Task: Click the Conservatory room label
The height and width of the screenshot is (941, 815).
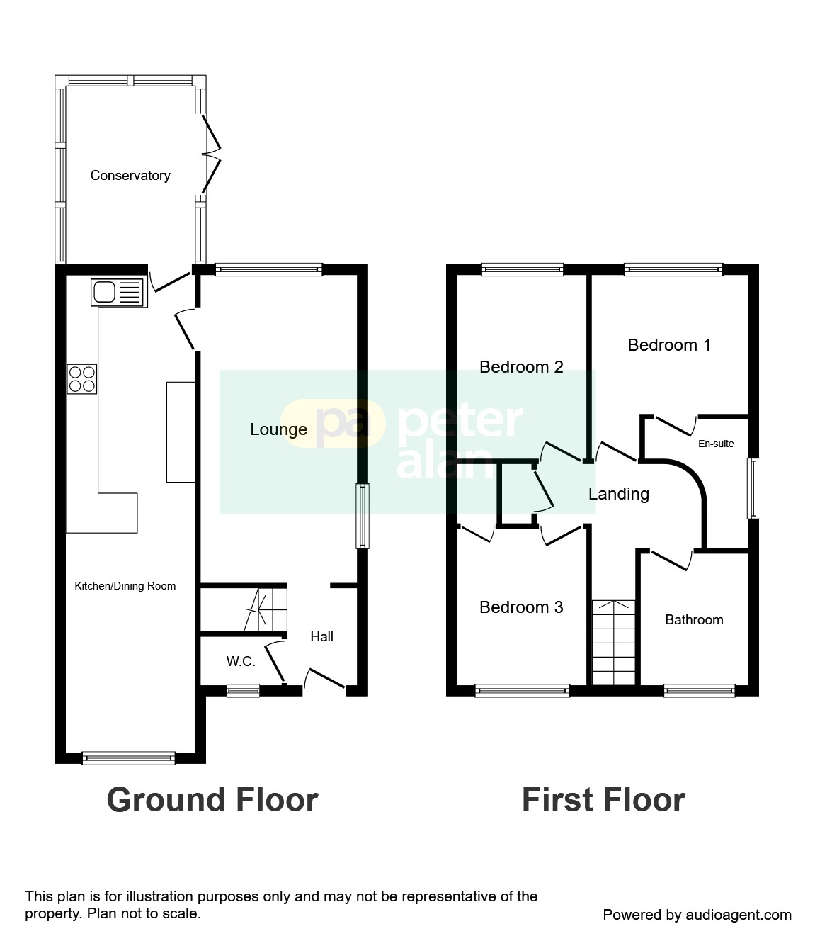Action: click(x=130, y=176)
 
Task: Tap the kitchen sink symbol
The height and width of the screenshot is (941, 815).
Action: click(x=118, y=292)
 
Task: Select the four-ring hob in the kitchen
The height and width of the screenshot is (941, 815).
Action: click(x=82, y=378)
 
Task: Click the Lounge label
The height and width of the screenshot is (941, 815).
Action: click(x=278, y=429)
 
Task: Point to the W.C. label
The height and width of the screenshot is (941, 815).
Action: click(x=241, y=662)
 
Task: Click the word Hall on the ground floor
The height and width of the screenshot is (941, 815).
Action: click(x=321, y=637)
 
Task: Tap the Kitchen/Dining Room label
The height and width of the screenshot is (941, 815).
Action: click(x=125, y=586)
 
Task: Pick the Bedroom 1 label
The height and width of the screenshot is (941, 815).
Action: click(x=669, y=345)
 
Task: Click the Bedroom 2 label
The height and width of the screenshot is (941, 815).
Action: click(x=521, y=367)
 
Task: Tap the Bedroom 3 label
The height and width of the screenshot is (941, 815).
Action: click(x=521, y=607)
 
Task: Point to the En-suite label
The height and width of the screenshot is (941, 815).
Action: click(x=716, y=444)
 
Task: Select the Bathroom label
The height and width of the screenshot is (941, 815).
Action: click(x=694, y=620)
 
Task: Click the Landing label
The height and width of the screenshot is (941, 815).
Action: click(x=619, y=494)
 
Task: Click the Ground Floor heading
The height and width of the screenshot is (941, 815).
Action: click(x=212, y=800)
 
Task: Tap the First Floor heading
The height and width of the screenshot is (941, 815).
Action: click(x=603, y=800)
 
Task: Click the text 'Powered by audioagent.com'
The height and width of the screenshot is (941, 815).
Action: click(x=697, y=915)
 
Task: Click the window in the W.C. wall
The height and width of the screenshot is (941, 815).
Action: click(x=243, y=690)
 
